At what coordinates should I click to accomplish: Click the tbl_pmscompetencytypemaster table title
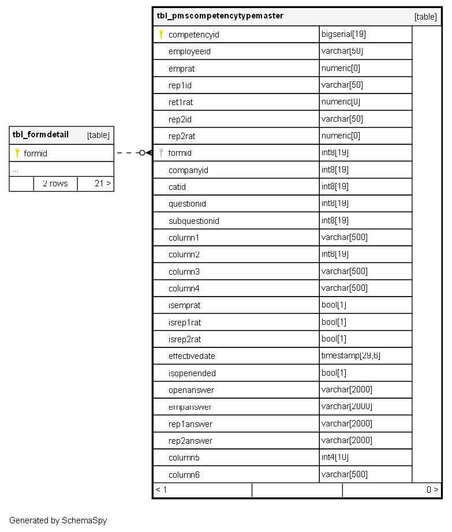coord(220,16)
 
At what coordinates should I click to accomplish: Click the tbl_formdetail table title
coord(40,135)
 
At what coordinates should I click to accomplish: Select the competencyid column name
coord(193,35)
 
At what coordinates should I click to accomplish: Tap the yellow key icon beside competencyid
coord(161,35)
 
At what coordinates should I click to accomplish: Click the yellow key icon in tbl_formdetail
coord(17,153)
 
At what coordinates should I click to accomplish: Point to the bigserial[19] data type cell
coord(343,35)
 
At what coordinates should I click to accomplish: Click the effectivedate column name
coord(192,357)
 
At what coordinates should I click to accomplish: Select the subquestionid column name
coord(193,221)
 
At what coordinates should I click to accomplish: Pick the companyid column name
coord(188,170)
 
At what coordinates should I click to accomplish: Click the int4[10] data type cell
coord(335,458)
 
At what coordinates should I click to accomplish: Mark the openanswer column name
coord(191,391)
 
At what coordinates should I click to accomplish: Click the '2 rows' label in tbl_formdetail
coord(55,184)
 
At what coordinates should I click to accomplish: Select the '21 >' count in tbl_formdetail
coord(103,184)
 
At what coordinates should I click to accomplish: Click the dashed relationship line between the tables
coord(128,153)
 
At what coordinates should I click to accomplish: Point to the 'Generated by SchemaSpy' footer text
coord(58,520)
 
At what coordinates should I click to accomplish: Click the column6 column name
coord(184,475)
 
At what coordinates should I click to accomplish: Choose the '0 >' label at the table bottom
coord(432,490)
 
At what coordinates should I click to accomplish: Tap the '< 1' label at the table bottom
coord(161,490)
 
